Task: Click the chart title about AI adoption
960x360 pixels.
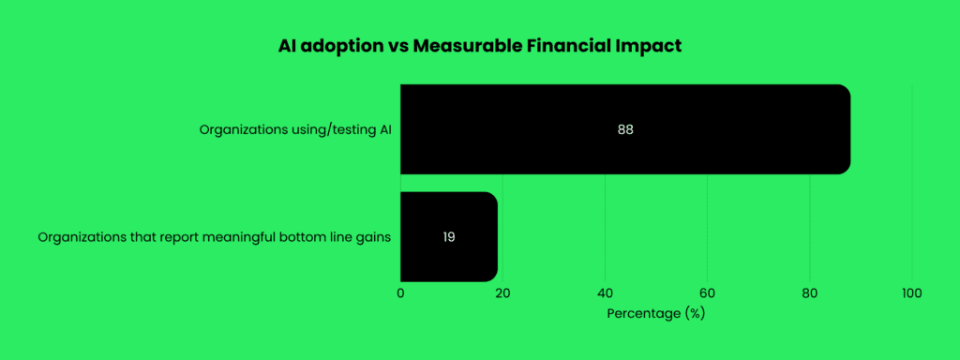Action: coord(479,45)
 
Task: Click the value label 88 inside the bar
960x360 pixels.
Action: coord(625,129)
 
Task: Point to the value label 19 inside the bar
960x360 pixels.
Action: coord(449,237)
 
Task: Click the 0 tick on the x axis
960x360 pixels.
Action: coord(400,294)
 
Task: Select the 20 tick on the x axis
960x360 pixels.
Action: coord(502,294)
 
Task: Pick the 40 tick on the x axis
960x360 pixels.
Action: coord(605,294)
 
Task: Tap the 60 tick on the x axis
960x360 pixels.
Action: coord(707,294)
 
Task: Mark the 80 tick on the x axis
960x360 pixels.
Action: coord(809,294)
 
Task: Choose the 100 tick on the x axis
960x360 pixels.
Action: coord(910,294)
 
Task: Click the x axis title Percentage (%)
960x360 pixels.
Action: coord(655,314)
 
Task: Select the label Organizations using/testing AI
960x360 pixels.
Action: coord(294,129)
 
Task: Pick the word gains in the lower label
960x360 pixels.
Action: coord(373,237)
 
